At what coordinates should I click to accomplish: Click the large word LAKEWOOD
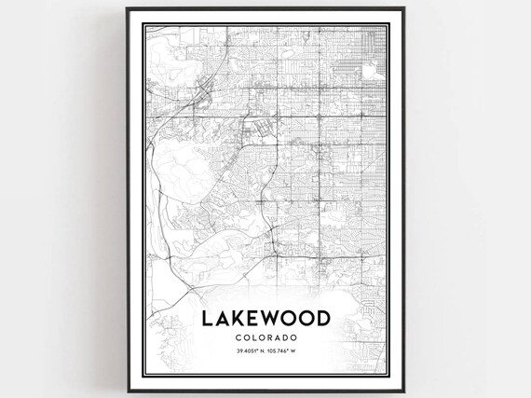point(265,319)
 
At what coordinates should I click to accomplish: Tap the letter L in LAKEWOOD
point(207,319)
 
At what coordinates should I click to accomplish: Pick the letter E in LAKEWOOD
point(255,319)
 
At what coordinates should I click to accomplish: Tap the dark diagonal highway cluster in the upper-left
point(203,93)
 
